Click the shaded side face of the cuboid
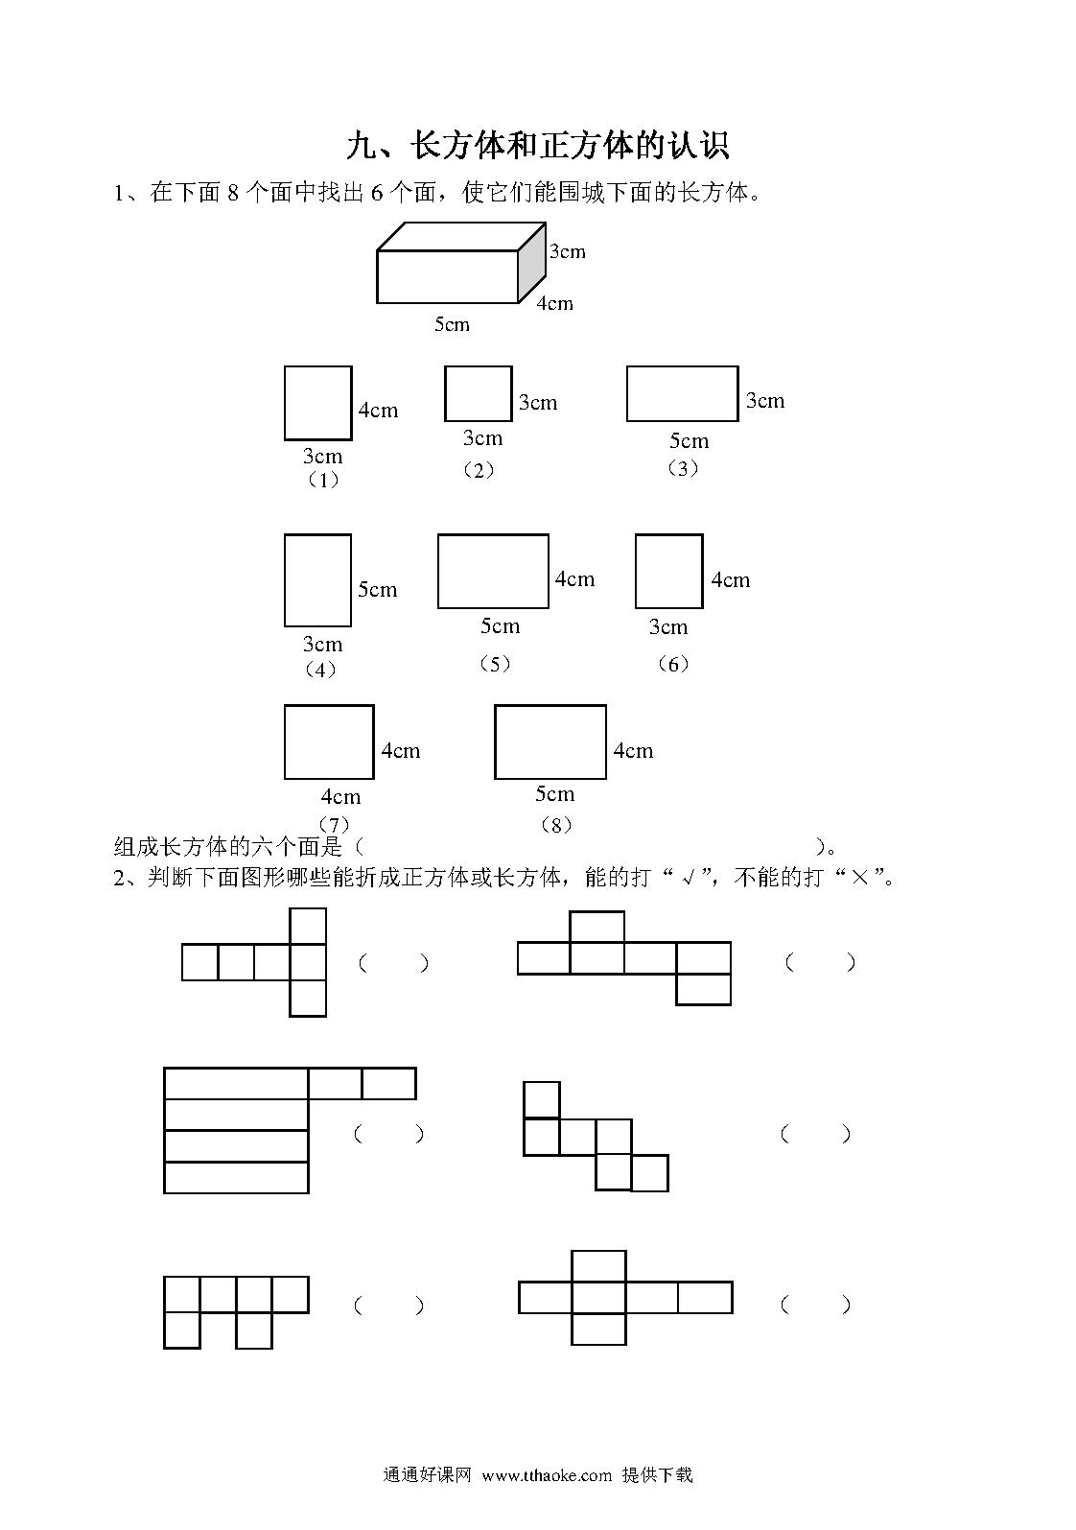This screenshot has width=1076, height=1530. [532, 262]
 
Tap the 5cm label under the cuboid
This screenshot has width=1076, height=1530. [452, 324]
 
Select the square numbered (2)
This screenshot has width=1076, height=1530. [478, 393]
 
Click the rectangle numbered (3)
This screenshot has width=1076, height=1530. [682, 393]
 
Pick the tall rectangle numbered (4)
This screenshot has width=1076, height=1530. [317, 580]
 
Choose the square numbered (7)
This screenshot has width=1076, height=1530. [329, 741]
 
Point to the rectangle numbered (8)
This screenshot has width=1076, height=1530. [550, 741]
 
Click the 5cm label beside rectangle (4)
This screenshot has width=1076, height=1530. [378, 590]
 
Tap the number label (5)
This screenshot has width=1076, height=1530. [495, 663]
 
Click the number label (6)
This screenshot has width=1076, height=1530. [673, 663]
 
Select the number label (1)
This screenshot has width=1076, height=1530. [323, 480]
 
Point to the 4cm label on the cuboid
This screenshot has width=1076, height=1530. [554, 303]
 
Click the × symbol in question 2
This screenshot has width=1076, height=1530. [859, 878]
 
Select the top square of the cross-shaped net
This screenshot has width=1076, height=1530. [598, 1265]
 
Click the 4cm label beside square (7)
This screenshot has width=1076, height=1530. [401, 751]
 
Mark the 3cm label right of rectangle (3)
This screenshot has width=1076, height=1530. [765, 400]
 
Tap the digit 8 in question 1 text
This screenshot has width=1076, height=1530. [233, 194]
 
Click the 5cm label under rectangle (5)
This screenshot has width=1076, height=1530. [501, 625]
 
